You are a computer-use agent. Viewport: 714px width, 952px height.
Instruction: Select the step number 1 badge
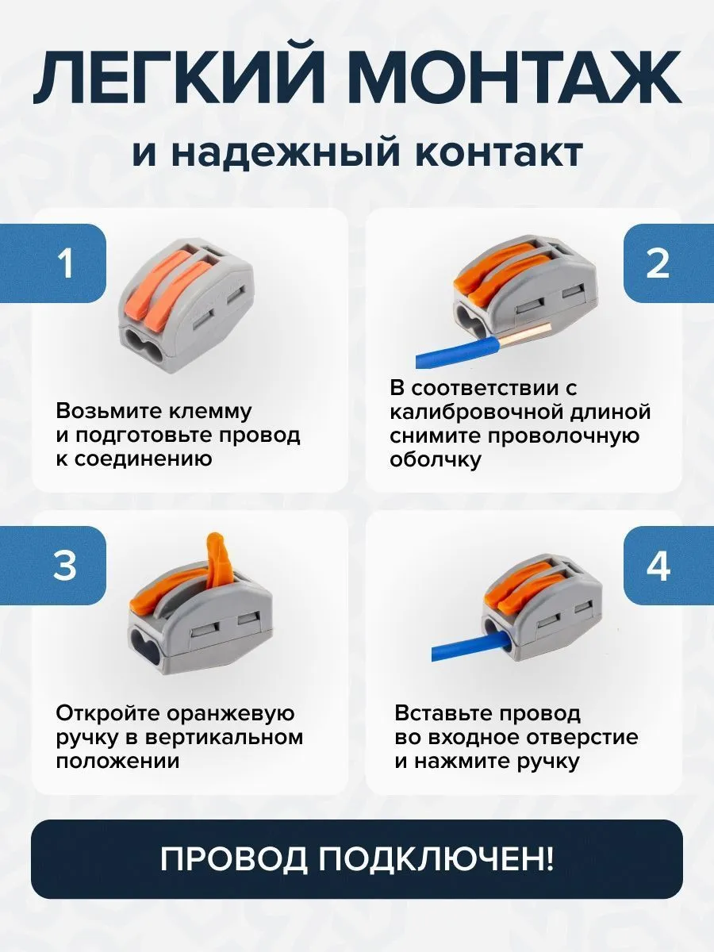pyautogui.click(x=65, y=263)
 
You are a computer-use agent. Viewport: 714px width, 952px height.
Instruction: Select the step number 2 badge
pyautogui.click(x=657, y=263)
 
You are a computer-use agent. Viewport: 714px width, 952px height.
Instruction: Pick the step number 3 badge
pyautogui.click(x=65, y=565)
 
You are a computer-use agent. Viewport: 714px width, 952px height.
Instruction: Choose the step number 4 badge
pyautogui.click(x=658, y=565)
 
